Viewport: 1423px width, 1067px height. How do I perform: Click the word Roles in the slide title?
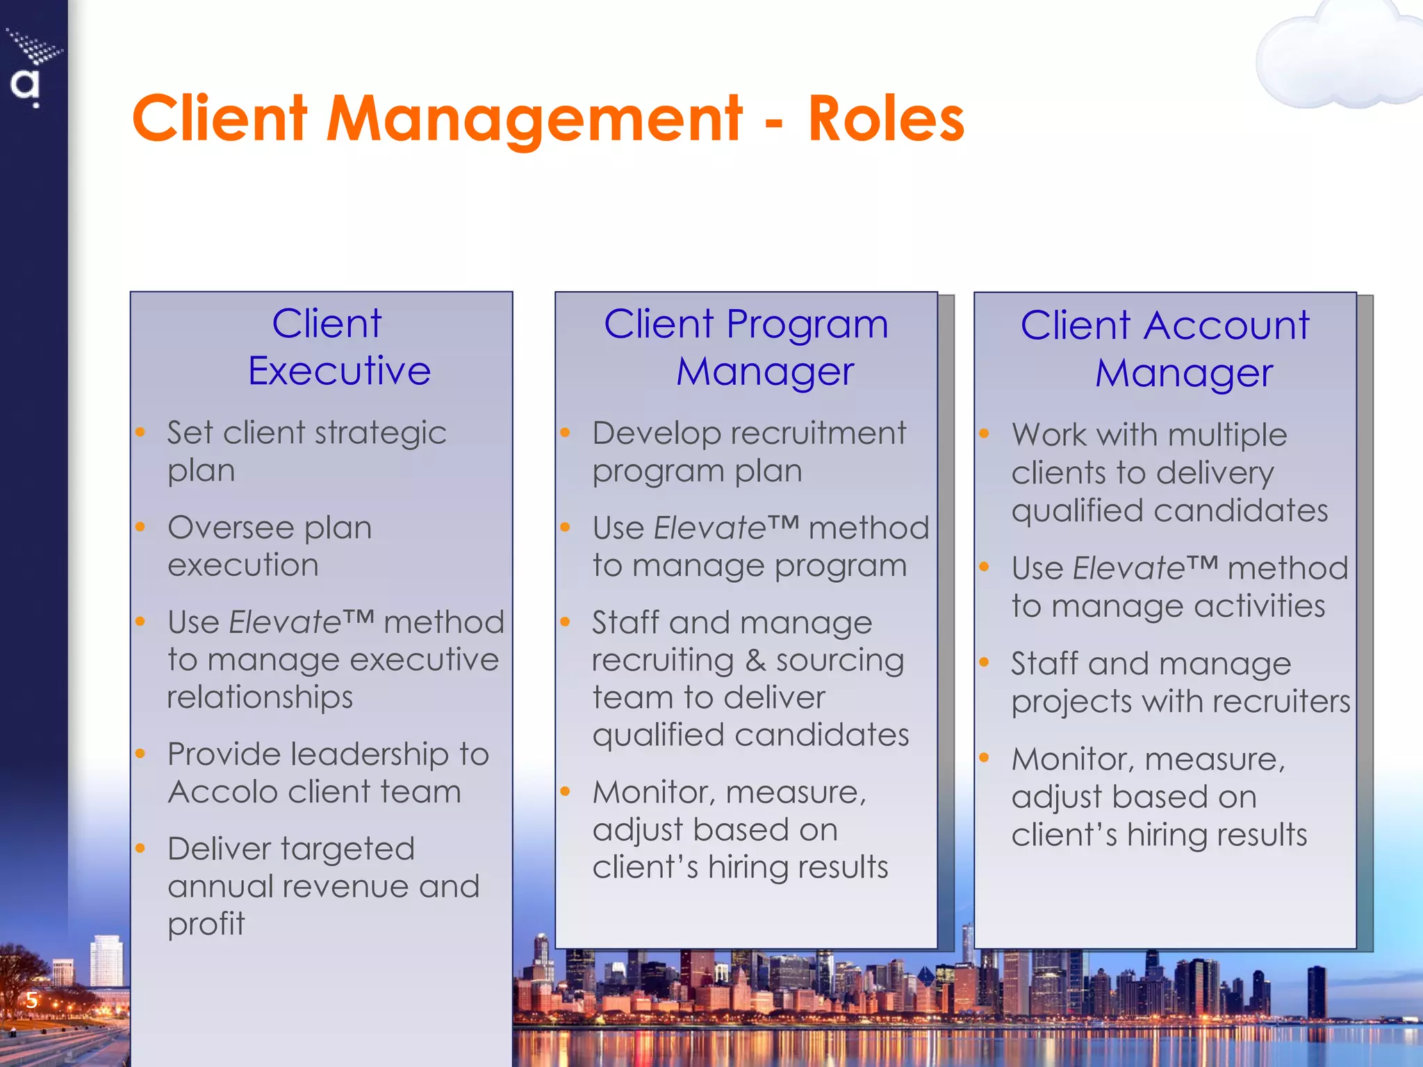886,119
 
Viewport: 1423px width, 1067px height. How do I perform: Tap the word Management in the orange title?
534,119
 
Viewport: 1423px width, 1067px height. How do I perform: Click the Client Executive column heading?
339,347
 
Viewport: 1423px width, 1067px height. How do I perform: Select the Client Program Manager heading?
746,347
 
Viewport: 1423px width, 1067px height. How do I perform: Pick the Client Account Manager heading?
1165,349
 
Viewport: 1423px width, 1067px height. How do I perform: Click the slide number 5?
31,1000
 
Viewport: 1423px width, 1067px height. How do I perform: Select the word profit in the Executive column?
206,924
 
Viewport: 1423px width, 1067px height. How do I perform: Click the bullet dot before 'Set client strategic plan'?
140,433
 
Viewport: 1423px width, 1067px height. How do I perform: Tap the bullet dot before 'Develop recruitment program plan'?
566,433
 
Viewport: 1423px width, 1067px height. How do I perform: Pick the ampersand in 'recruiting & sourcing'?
755,661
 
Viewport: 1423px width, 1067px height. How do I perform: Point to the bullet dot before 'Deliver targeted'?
140,848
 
